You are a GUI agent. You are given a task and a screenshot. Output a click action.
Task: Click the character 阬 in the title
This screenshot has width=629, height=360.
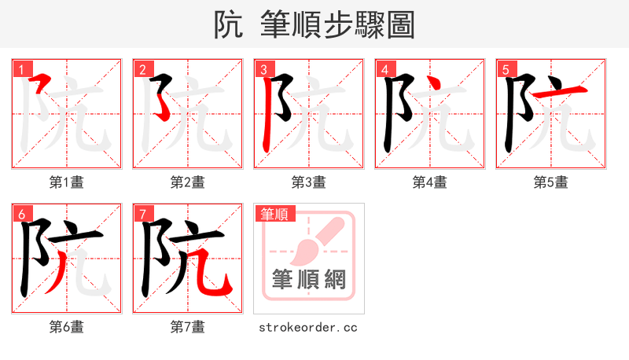(228, 25)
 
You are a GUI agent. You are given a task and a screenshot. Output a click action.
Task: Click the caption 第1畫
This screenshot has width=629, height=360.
(67, 182)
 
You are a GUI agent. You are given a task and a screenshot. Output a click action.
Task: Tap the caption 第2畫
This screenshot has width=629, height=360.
(188, 182)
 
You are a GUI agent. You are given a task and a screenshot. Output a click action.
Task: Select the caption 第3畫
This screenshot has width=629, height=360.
(309, 182)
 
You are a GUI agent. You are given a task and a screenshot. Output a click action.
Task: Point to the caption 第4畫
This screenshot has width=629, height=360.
(430, 182)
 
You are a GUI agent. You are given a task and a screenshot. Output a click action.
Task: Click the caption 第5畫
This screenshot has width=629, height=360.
(551, 182)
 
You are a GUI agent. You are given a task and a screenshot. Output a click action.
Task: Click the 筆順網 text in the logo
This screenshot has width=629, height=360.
(308, 279)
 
